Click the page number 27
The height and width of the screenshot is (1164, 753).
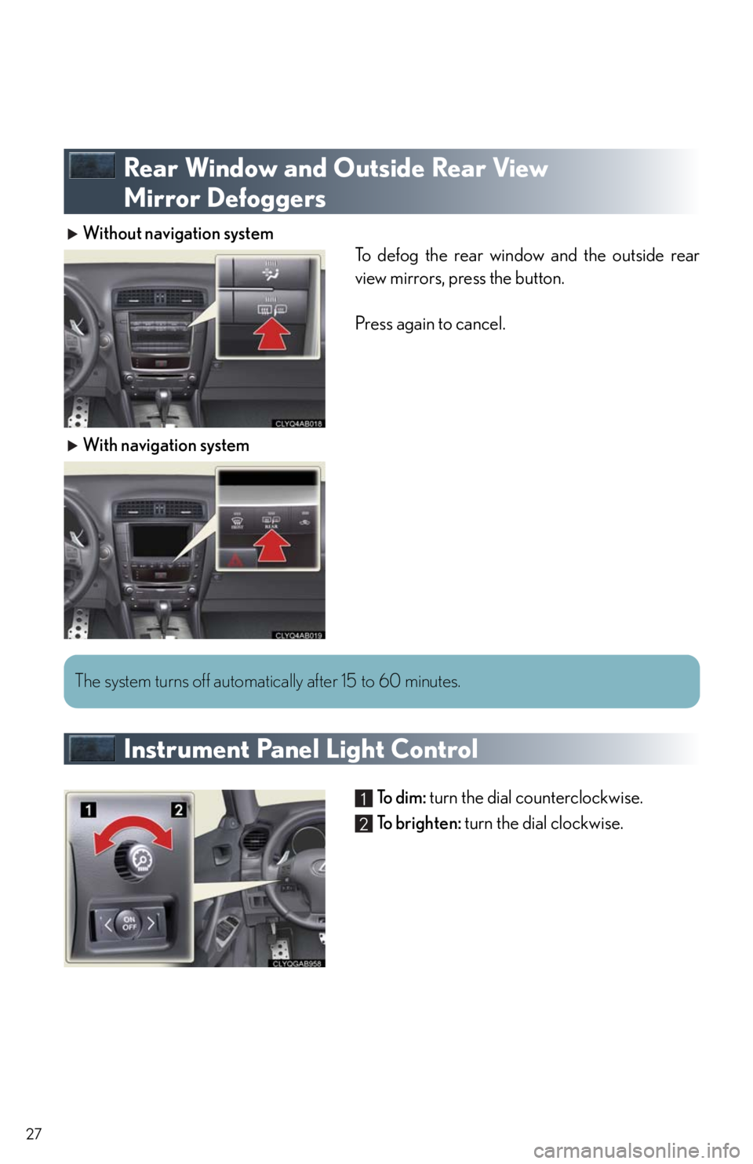click(x=33, y=1133)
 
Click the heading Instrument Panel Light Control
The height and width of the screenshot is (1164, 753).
click(x=300, y=749)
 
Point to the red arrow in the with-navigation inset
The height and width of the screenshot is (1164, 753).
click(x=273, y=544)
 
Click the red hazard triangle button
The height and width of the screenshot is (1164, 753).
click(x=236, y=561)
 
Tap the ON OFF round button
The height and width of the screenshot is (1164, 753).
click(x=129, y=923)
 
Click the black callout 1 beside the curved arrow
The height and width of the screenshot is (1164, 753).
click(x=88, y=809)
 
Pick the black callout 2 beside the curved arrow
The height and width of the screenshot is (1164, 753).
click(x=178, y=809)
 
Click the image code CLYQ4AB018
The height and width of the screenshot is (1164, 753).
click(x=298, y=423)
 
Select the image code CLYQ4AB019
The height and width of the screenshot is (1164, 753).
click(x=298, y=635)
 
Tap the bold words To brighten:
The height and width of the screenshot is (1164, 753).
click(x=419, y=823)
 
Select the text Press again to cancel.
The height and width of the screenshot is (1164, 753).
click(x=430, y=324)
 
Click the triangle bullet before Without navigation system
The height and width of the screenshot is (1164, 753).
click(x=73, y=234)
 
